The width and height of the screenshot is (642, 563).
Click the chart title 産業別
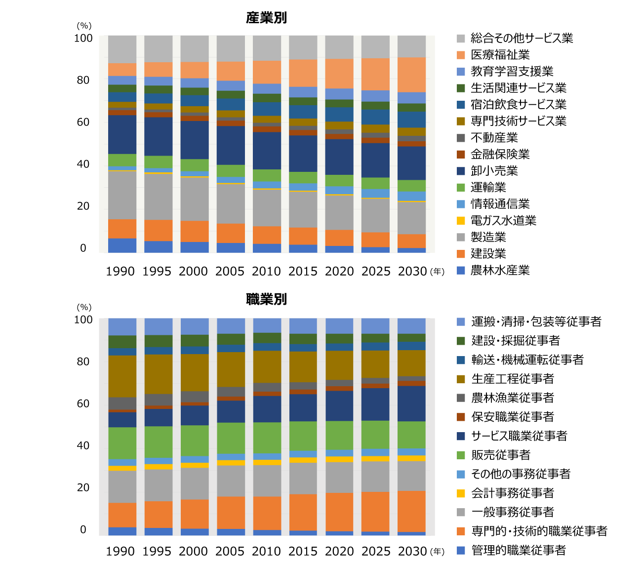pyautogui.click(x=266, y=18)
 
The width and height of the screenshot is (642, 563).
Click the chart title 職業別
pyautogui.click(x=266, y=299)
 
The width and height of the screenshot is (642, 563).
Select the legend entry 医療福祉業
pyautogui.click(x=500, y=55)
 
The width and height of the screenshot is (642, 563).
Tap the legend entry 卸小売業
pyautogui.click(x=494, y=171)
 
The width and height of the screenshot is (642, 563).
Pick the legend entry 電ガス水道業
pyautogui.click(x=503, y=220)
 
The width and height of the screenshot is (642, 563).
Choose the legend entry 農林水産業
pyautogui.click(x=500, y=270)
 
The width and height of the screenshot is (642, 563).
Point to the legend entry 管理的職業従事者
pyautogui.click(x=519, y=550)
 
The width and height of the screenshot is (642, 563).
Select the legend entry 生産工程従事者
pyautogui.click(x=513, y=379)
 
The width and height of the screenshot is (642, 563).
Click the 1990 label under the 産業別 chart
pyautogui.click(x=120, y=271)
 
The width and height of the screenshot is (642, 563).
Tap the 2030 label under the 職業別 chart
pyautogui.click(x=412, y=551)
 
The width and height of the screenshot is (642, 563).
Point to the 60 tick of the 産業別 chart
pyautogui.click(x=83, y=122)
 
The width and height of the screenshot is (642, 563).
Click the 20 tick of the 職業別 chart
pyautogui.click(x=83, y=487)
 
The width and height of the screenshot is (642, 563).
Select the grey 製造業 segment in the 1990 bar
pyautogui.click(x=122, y=195)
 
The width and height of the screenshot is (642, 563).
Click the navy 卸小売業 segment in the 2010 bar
pyautogui.click(x=267, y=151)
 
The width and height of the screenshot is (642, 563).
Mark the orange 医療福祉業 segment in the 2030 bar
pyautogui.click(x=411, y=75)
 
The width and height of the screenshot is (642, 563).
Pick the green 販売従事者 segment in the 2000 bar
pyautogui.click(x=195, y=441)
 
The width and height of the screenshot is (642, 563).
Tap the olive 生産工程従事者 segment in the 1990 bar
pyautogui.click(x=122, y=376)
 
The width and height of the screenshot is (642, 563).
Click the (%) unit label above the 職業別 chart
pyautogui.click(x=84, y=307)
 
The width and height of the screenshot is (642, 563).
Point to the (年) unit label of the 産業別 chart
pyautogui.click(x=437, y=271)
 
